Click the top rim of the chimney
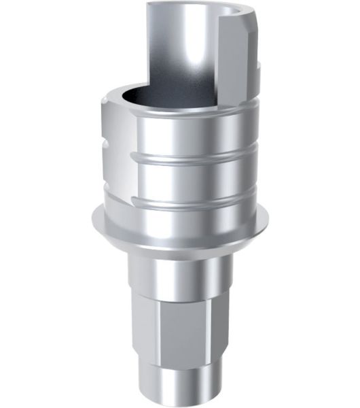click(183, 5)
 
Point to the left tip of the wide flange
click(92, 222)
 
